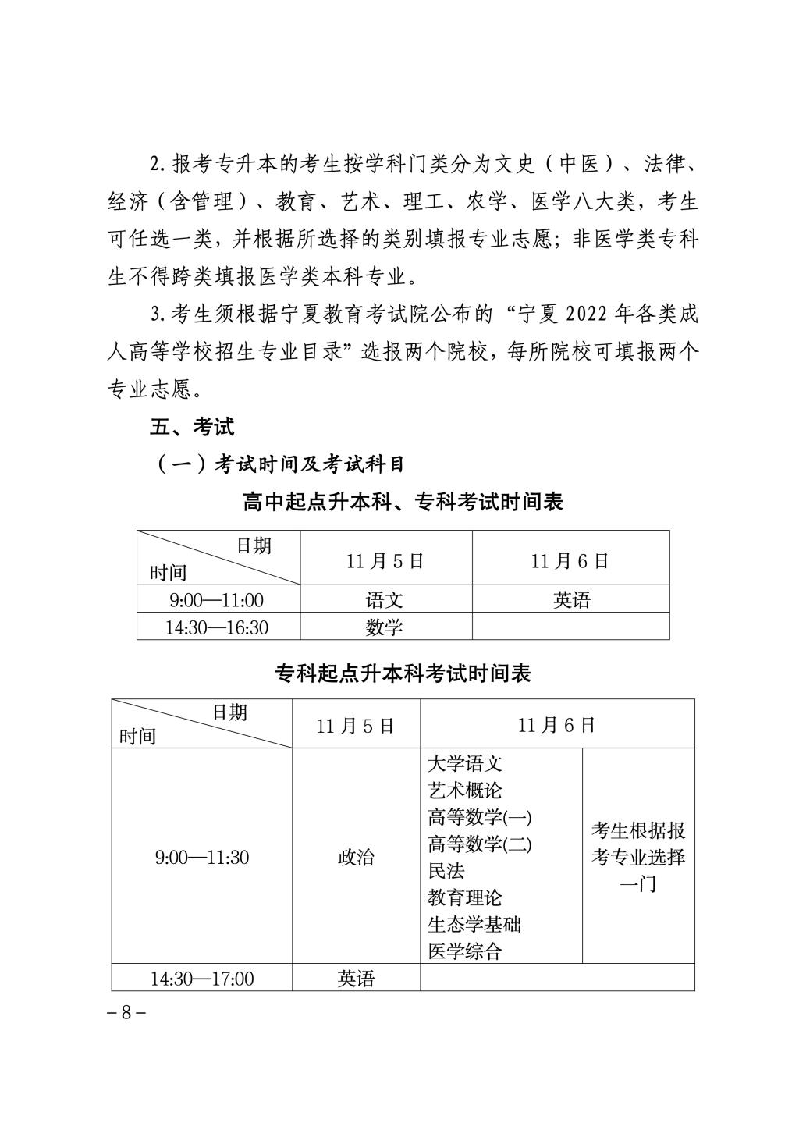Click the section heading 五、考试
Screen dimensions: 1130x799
point(192,427)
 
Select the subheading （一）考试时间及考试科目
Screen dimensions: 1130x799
point(281,464)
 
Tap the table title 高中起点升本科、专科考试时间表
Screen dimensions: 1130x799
point(403,502)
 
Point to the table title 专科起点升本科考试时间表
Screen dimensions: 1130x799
point(403,673)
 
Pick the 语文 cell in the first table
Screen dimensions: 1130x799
point(385,600)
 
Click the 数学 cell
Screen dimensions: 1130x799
point(385,627)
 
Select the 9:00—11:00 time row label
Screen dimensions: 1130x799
point(217,600)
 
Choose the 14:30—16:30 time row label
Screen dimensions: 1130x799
point(217,627)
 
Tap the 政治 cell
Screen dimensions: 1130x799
point(356,858)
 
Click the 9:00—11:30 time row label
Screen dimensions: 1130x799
point(202,858)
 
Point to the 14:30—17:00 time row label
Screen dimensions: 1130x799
point(202,979)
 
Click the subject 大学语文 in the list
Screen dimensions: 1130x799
point(465,763)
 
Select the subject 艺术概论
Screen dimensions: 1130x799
point(465,791)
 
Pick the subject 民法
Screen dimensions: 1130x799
point(446,871)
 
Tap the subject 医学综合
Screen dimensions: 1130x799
point(465,951)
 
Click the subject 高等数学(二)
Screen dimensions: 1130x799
point(479,844)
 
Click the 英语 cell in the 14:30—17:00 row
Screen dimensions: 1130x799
point(356,979)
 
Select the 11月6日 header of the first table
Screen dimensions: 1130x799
point(570,561)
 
